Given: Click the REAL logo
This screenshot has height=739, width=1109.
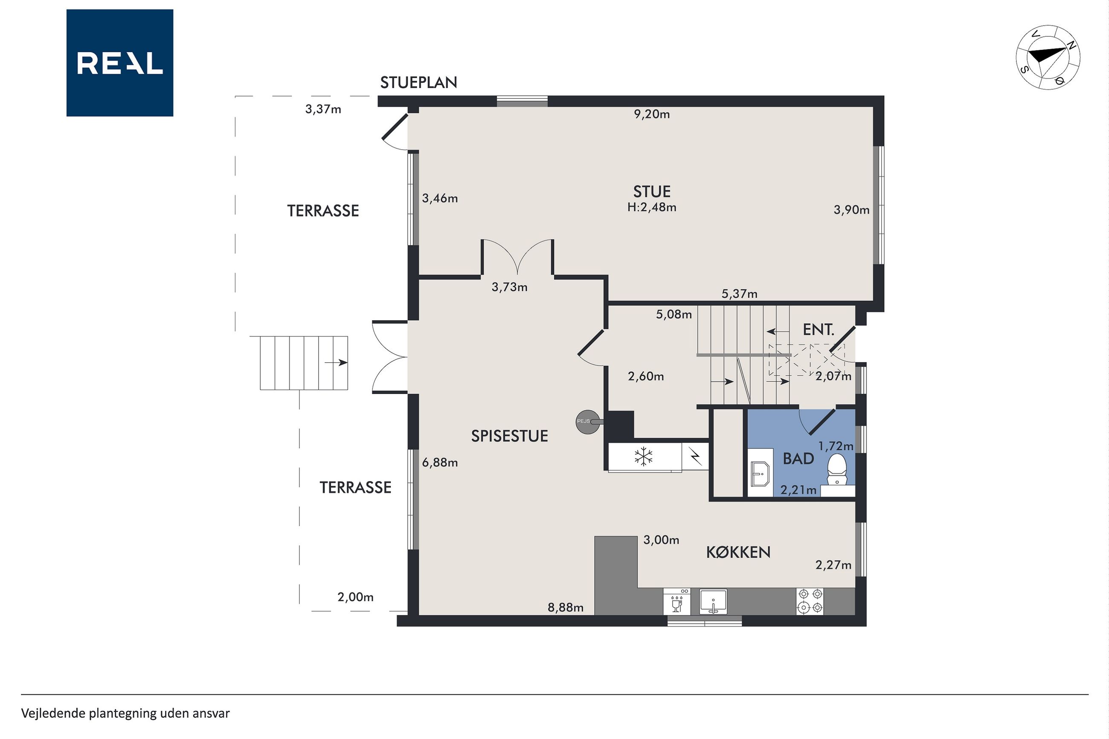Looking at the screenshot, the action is coord(120,63).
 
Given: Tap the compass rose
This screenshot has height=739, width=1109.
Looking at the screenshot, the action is coord(1048,58).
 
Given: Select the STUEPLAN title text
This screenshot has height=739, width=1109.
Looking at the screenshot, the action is coord(418,82).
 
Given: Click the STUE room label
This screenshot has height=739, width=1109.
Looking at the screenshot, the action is coord(652,191).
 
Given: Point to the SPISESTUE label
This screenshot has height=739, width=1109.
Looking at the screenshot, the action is coord(509,436).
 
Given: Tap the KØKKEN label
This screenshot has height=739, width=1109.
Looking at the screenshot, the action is coord(738,552).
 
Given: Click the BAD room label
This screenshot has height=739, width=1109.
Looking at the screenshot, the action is coord(798,458).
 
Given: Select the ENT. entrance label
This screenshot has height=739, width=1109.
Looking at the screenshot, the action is coord(819,330).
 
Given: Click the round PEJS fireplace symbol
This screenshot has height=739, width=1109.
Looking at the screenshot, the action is coord(585,421).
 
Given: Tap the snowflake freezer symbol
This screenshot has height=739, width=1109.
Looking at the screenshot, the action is coord(643,457).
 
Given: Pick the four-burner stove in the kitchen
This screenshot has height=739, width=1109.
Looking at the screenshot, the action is coord(810,601).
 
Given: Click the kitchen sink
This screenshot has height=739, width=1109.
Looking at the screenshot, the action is coord(713,601).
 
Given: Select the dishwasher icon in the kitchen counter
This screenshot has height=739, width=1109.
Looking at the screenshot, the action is coord(677,601).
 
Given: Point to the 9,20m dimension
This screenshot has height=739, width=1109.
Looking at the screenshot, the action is coord(652,114).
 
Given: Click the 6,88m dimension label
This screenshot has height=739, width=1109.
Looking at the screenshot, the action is coord(440,462).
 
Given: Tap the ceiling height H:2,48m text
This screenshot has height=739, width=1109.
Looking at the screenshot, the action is coord(652,207).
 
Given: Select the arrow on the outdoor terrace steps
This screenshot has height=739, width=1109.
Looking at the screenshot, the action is coord(336,362).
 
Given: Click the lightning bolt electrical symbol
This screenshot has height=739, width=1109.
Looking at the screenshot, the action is coord(695,456).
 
